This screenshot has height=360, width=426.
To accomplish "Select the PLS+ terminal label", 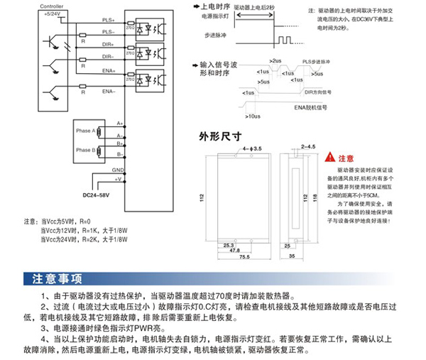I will point(111,21).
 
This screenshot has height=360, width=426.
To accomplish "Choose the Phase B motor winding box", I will point(87,150).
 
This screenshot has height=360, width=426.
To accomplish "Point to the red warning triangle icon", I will point(329,158).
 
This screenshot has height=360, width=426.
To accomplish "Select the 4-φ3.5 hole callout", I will point(252,148).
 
